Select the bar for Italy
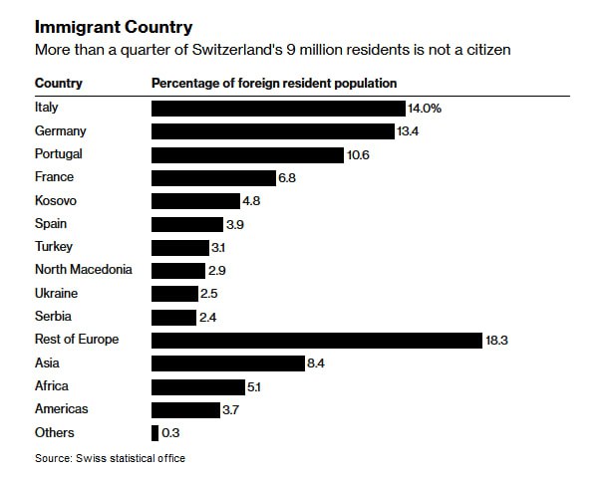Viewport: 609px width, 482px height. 277,108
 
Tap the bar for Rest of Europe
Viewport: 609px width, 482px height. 316,340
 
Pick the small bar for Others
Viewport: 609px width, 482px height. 154,433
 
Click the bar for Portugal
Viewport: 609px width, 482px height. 247,154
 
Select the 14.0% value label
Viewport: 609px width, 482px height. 424,108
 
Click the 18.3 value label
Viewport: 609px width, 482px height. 497,340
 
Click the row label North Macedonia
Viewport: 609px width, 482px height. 83,270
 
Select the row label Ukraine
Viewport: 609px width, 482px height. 56,294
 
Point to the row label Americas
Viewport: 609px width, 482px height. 62,409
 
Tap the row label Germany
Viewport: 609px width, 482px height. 61,130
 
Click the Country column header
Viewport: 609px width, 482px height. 59,83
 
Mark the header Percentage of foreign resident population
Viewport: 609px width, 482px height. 274,83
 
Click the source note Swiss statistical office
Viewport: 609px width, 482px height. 110,458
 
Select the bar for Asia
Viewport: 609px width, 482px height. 227,363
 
